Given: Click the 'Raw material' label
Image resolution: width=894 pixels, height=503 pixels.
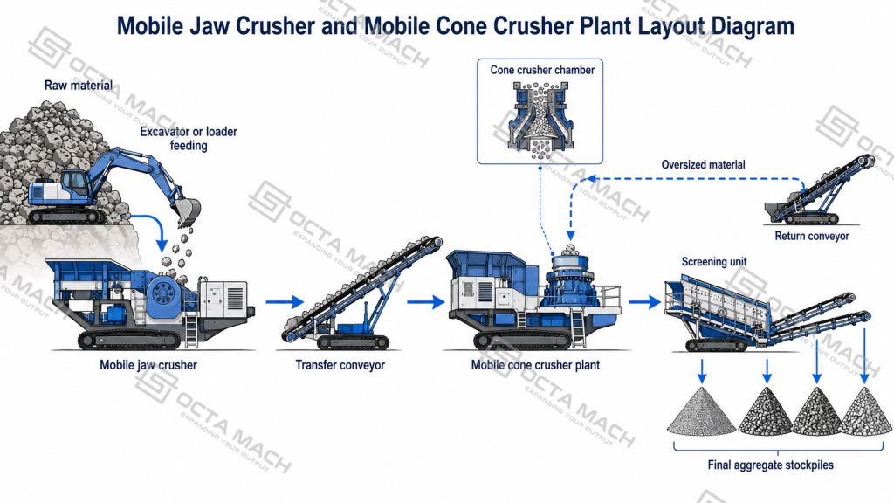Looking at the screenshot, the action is click(x=79, y=86).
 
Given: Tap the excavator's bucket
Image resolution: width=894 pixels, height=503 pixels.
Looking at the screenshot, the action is click(x=189, y=212).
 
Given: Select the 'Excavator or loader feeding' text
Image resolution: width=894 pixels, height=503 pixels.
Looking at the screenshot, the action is click(x=189, y=139).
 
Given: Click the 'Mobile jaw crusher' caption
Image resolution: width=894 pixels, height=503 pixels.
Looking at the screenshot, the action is click(x=148, y=365).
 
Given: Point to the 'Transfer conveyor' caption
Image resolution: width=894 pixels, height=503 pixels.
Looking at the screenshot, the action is click(x=340, y=365).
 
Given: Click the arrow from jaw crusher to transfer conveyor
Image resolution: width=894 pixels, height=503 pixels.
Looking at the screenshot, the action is click(x=285, y=301).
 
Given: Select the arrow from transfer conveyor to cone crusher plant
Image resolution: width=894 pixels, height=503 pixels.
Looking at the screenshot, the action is click(x=425, y=301).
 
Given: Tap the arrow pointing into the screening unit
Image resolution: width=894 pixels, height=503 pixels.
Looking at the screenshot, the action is click(x=645, y=301).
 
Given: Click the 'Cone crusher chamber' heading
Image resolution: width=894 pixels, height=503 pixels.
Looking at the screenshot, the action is click(x=542, y=70).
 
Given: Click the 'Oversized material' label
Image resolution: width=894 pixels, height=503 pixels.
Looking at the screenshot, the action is click(x=703, y=165).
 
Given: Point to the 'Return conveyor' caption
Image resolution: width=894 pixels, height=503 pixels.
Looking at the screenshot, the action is click(x=812, y=236).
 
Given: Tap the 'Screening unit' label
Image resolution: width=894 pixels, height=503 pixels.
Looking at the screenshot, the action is click(x=714, y=262).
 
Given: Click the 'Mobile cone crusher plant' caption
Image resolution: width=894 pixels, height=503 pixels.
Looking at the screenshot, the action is click(x=535, y=365).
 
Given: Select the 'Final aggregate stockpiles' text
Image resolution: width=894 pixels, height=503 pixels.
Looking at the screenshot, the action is click(x=770, y=465).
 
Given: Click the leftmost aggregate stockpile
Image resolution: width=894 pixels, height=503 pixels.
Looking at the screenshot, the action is click(x=701, y=413).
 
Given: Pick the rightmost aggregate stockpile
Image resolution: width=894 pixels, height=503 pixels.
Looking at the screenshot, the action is click(x=865, y=413).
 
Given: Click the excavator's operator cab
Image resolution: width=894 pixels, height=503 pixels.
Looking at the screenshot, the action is click(x=75, y=183).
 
